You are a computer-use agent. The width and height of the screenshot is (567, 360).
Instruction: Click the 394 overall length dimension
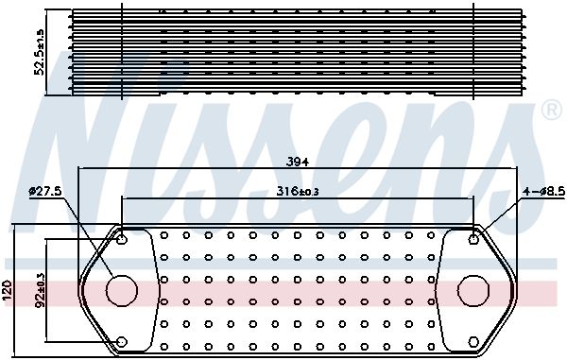point(298,163)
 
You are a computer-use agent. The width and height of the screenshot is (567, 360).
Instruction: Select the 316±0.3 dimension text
point(298,191)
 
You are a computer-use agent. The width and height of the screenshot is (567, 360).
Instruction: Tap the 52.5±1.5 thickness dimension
point(39,52)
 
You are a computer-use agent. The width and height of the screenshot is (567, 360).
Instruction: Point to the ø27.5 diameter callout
point(45,191)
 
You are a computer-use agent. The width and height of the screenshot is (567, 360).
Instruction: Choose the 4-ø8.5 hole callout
point(544,191)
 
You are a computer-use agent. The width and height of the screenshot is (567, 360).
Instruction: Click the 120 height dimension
point(8,290)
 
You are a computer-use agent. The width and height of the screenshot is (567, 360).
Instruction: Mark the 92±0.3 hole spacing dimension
point(40,290)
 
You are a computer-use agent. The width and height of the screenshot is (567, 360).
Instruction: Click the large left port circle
point(122,290)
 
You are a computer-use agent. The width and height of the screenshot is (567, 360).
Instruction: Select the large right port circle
point(473,290)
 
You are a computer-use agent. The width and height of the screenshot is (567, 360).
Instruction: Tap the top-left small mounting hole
point(122,239)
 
